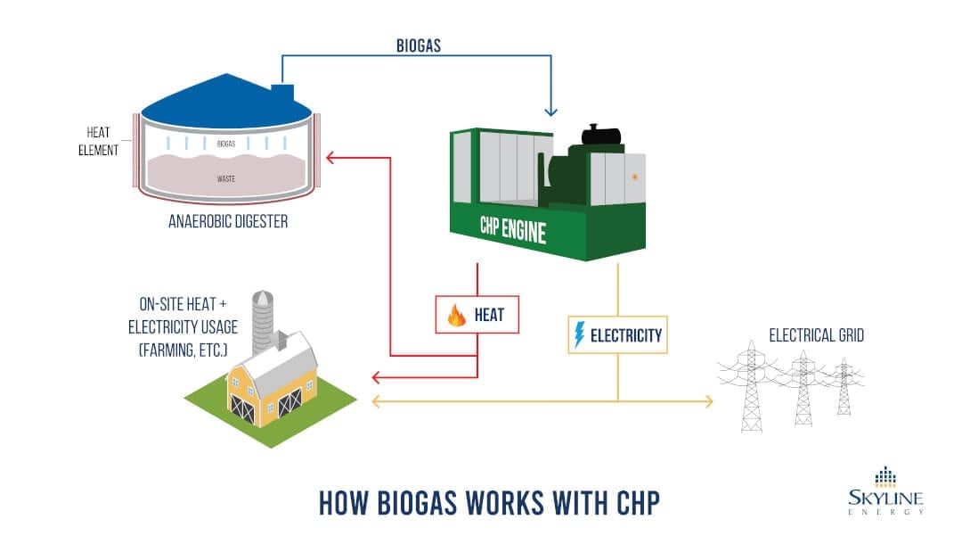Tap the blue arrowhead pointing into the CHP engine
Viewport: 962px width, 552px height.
pyautogui.click(x=550, y=111)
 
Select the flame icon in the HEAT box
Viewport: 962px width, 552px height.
pyautogui.click(x=457, y=316)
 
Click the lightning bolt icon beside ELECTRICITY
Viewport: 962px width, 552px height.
pyautogui.click(x=581, y=335)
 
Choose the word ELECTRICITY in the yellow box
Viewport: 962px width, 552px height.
pyautogui.click(x=627, y=335)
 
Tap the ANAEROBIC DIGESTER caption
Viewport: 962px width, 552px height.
pyautogui.click(x=228, y=221)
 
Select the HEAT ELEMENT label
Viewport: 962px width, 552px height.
pyautogui.click(x=95, y=142)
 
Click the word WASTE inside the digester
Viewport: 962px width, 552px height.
pyautogui.click(x=226, y=178)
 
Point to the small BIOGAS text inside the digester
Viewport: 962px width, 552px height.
pyautogui.click(x=226, y=143)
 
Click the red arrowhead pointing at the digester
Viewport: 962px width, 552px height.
pyautogui.click(x=330, y=159)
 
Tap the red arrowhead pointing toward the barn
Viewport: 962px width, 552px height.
pyautogui.click(x=376, y=375)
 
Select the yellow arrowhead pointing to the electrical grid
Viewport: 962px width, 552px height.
pyautogui.click(x=708, y=402)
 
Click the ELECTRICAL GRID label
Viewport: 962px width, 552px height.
pyautogui.click(x=817, y=336)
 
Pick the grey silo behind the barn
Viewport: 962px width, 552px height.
pyautogui.click(x=262, y=321)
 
